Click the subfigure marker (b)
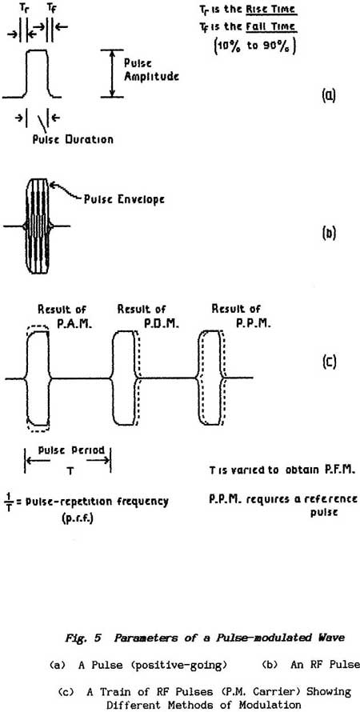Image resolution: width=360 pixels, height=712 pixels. (328, 235)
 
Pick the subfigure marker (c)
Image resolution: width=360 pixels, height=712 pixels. (328, 362)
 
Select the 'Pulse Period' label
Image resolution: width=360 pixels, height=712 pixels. (68, 452)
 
